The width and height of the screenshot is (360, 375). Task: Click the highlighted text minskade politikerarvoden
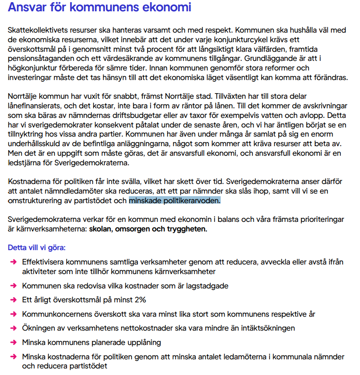coord(175,201)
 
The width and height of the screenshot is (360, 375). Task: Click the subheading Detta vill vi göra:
coord(37,248)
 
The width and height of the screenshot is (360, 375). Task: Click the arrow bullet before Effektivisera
coord(13,262)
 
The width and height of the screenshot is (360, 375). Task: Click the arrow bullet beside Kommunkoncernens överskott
coord(13,314)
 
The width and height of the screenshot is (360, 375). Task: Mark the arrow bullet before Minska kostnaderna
coord(13,357)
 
